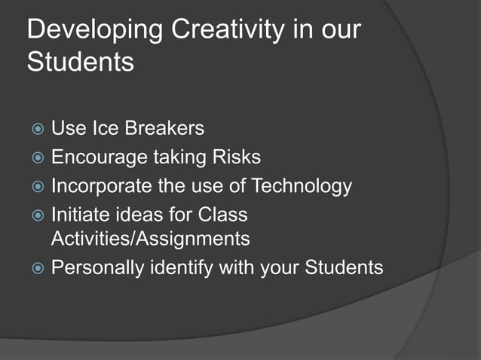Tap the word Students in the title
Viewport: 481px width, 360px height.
click(80, 63)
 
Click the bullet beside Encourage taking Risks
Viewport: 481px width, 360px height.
click(35, 158)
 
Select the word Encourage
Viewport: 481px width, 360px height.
click(100, 157)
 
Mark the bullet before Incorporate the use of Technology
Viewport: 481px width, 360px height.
click(35, 186)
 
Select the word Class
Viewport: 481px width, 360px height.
click(222, 215)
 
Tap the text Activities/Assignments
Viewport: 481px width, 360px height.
click(149, 239)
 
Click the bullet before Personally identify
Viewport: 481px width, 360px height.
click(35, 268)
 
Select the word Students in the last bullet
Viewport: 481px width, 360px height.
click(342, 267)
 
